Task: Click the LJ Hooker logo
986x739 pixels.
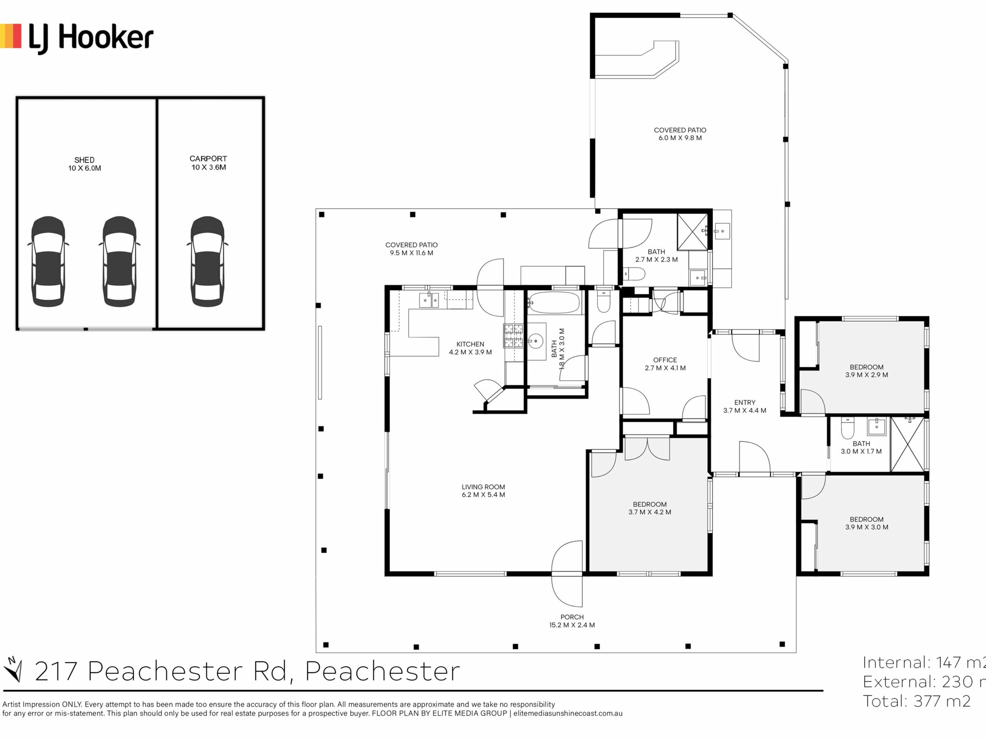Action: (x=77, y=37)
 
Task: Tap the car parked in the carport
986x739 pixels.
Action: (x=207, y=261)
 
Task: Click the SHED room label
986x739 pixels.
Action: (x=84, y=160)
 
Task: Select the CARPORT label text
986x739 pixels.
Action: (x=208, y=159)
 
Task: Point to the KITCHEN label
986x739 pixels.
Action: (x=470, y=344)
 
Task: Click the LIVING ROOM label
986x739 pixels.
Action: (x=483, y=487)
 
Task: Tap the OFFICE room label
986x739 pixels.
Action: (x=665, y=360)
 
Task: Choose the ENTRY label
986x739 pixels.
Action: (x=745, y=403)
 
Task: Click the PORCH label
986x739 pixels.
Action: (x=572, y=617)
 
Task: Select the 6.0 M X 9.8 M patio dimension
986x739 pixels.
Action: (x=680, y=138)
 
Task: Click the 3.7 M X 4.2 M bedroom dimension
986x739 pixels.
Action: (x=650, y=512)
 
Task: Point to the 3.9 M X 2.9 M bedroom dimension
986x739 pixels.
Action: (x=866, y=375)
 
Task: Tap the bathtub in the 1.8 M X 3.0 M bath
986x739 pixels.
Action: (x=555, y=303)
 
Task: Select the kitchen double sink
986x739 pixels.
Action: (x=429, y=300)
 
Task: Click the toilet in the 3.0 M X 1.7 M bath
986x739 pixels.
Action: (x=847, y=428)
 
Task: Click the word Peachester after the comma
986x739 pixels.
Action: (x=383, y=671)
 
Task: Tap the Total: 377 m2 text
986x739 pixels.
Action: (x=917, y=701)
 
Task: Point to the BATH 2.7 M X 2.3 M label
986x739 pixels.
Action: (x=656, y=256)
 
